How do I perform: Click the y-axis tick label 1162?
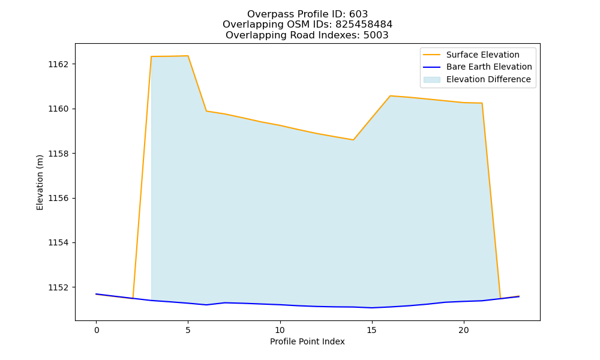58,64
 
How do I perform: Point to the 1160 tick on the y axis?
58,109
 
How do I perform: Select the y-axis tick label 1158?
58,154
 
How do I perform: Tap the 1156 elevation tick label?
58,198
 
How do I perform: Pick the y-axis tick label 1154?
58,243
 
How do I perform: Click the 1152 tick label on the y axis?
58,287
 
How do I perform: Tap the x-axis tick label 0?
97,330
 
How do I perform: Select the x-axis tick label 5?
188,330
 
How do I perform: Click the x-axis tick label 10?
280,330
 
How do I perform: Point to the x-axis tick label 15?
372,330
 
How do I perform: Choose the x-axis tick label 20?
464,330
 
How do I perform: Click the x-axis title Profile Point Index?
307,341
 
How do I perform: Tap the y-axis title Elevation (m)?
40,182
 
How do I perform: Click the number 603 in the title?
359,14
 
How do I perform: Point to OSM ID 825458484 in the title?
364,25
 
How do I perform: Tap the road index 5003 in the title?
376,35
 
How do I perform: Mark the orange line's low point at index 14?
353,140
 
